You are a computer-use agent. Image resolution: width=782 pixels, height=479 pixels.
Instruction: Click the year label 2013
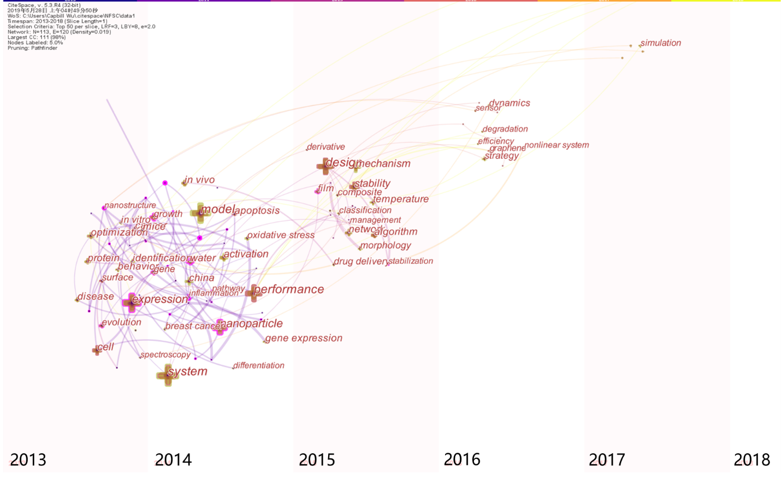click(x=28, y=460)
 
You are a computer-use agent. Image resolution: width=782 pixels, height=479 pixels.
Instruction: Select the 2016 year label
click(x=462, y=459)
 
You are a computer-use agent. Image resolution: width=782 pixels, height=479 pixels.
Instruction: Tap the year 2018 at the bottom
click(x=751, y=460)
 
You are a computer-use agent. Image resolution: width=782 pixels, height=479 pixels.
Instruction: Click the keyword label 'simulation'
click(x=661, y=43)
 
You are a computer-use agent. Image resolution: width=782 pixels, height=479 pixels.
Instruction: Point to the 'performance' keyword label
click(x=289, y=289)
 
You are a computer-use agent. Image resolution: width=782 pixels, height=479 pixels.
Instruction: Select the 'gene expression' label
click(x=304, y=339)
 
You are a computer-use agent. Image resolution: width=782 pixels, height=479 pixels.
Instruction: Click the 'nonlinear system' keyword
click(x=557, y=145)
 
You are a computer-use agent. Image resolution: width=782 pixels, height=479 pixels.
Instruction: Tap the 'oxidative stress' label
click(x=281, y=235)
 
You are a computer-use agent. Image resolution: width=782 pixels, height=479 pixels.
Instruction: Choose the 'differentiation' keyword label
click(x=259, y=365)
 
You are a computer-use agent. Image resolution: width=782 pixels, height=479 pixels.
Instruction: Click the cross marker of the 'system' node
click(x=167, y=375)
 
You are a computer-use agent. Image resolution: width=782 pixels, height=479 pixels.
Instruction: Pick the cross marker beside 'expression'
click(x=131, y=302)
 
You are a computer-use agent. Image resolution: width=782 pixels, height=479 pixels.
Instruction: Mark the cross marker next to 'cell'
click(x=97, y=350)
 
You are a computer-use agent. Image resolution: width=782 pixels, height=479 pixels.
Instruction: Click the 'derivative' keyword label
click(x=326, y=147)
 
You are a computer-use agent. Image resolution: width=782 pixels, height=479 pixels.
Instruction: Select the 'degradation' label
click(x=506, y=129)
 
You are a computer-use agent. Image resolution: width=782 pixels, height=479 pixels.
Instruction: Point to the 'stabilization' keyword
click(x=411, y=261)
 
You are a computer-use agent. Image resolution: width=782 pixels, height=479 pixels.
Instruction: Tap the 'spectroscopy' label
click(x=165, y=355)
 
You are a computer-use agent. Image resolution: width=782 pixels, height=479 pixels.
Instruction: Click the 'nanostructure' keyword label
click(x=131, y=205)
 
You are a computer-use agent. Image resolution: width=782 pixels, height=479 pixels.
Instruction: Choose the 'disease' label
click(x=96, y=297)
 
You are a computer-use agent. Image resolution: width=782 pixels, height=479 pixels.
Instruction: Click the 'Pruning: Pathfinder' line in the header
click(x=32, y=48)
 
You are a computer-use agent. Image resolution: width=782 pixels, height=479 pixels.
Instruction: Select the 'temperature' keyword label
click(x=401, y=199)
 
